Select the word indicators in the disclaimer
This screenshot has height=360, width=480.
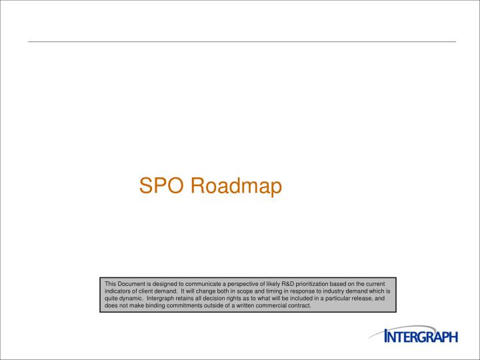coord(118,291)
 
